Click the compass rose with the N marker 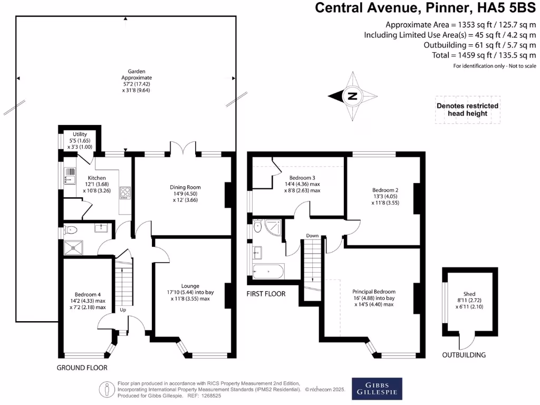[x=353, y=96]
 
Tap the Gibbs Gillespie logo [x=377, y=389]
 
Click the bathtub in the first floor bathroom [x=268, y=272]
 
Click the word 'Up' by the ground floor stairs [x=123, y=310]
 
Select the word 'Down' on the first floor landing [x=313, y=236]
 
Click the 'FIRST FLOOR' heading [x=266, y=294]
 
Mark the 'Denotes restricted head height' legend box [x=467, y=110]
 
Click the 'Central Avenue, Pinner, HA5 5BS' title [x=425, y=8]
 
